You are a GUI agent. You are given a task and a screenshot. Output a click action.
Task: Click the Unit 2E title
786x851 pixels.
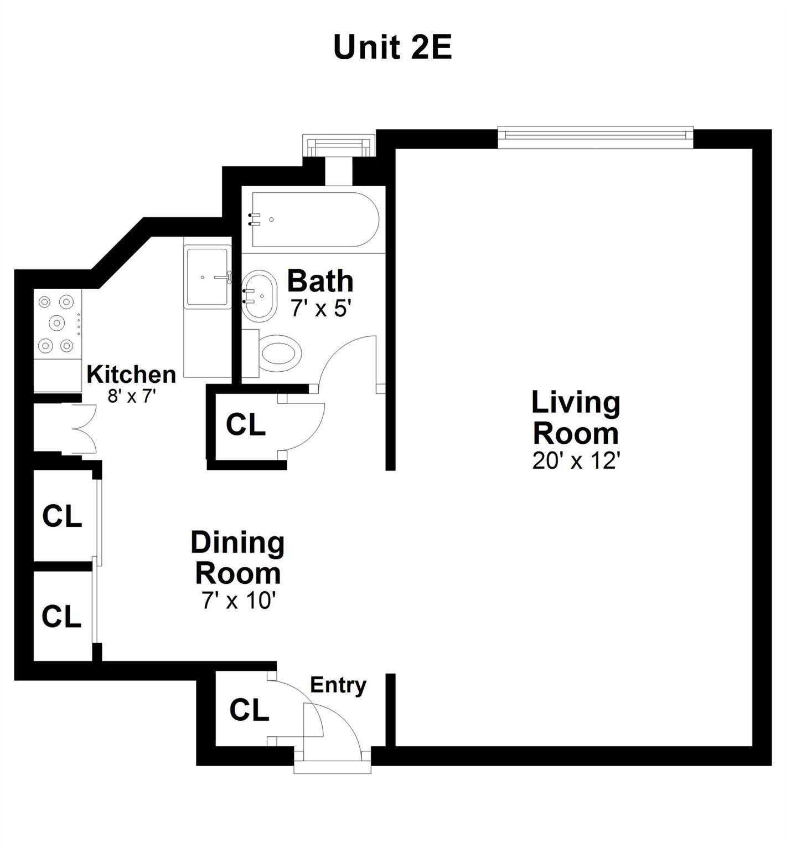click(392, 48)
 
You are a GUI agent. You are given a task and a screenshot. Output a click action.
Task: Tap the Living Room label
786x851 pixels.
click(576, 418)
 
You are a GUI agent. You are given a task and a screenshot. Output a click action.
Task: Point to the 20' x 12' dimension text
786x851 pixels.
click(575, 460)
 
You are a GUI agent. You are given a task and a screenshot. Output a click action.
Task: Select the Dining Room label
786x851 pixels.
click(238, 557)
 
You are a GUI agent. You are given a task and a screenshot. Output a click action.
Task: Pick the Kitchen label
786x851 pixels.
click(131, 375)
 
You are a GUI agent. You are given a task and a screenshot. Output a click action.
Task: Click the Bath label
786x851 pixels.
click(320, 281)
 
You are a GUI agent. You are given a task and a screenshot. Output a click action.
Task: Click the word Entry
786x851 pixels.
click(338, 685)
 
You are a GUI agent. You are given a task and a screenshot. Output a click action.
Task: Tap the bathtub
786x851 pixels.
click(315, 219)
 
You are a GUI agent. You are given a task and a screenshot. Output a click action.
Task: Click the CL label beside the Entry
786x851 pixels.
click(249, 710)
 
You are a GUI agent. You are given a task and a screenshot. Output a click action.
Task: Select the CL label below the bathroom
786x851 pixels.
click(246, 424)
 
